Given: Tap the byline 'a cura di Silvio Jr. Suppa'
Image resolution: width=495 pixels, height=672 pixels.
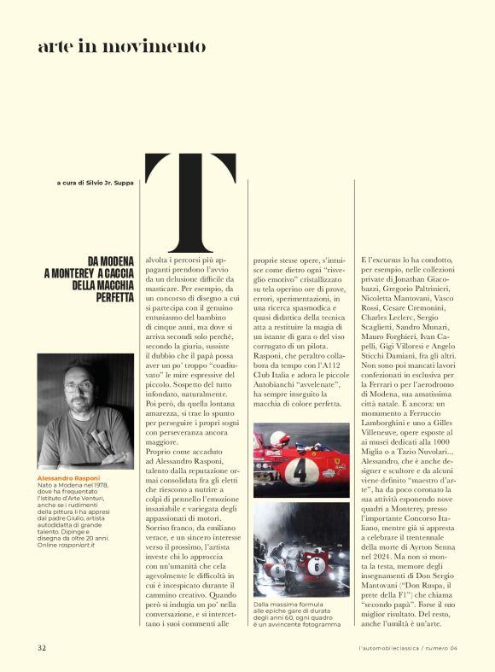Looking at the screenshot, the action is point(95,183).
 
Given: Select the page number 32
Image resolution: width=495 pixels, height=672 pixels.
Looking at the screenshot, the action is point(41,646).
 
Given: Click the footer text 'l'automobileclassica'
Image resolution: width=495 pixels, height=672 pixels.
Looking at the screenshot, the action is point(392,647).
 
